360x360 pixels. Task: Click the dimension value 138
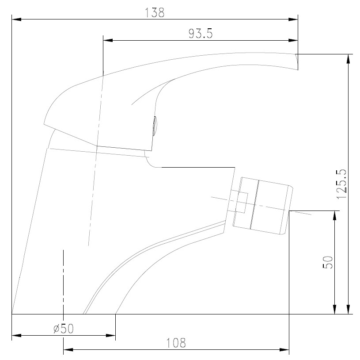(x=155, y=13)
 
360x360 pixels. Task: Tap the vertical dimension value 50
(x=328, y=262)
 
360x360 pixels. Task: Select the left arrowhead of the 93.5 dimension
(x=108, y=40)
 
